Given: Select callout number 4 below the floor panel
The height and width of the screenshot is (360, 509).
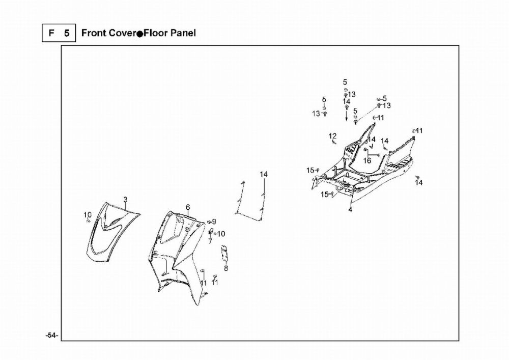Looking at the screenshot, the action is pos(350,210).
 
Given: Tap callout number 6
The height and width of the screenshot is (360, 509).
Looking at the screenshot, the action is pos(188,207).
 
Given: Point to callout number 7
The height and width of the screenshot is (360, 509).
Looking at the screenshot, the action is pos(210,241).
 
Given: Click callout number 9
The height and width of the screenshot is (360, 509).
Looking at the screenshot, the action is pos(214,221).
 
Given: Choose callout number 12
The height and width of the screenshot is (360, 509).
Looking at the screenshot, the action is pos(332,136).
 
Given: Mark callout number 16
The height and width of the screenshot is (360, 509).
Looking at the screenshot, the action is pos(367,160).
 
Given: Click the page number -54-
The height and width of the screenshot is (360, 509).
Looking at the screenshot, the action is pos(51,336).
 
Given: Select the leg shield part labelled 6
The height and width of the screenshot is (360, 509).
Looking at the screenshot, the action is pos(178,260).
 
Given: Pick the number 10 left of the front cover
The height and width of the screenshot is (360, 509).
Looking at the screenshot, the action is pos(88,214).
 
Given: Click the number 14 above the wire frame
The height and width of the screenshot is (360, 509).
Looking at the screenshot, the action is pos(264,175).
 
